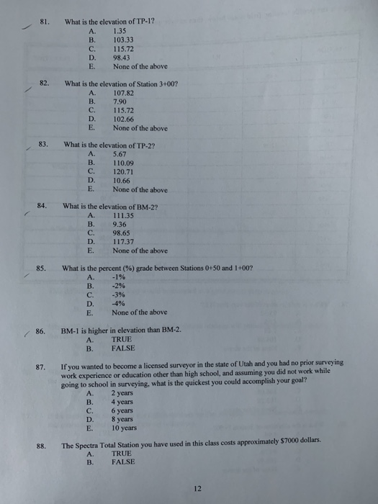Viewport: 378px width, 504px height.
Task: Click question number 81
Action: pos(43,22)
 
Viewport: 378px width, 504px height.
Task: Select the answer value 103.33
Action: pos(123,40)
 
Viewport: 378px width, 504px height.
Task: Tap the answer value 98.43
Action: pos(121,58)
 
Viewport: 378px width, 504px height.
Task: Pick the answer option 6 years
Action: pos(124,410)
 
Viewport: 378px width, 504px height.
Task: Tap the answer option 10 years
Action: pos(125,427)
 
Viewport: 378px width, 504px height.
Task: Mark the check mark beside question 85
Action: pos(24,275)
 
